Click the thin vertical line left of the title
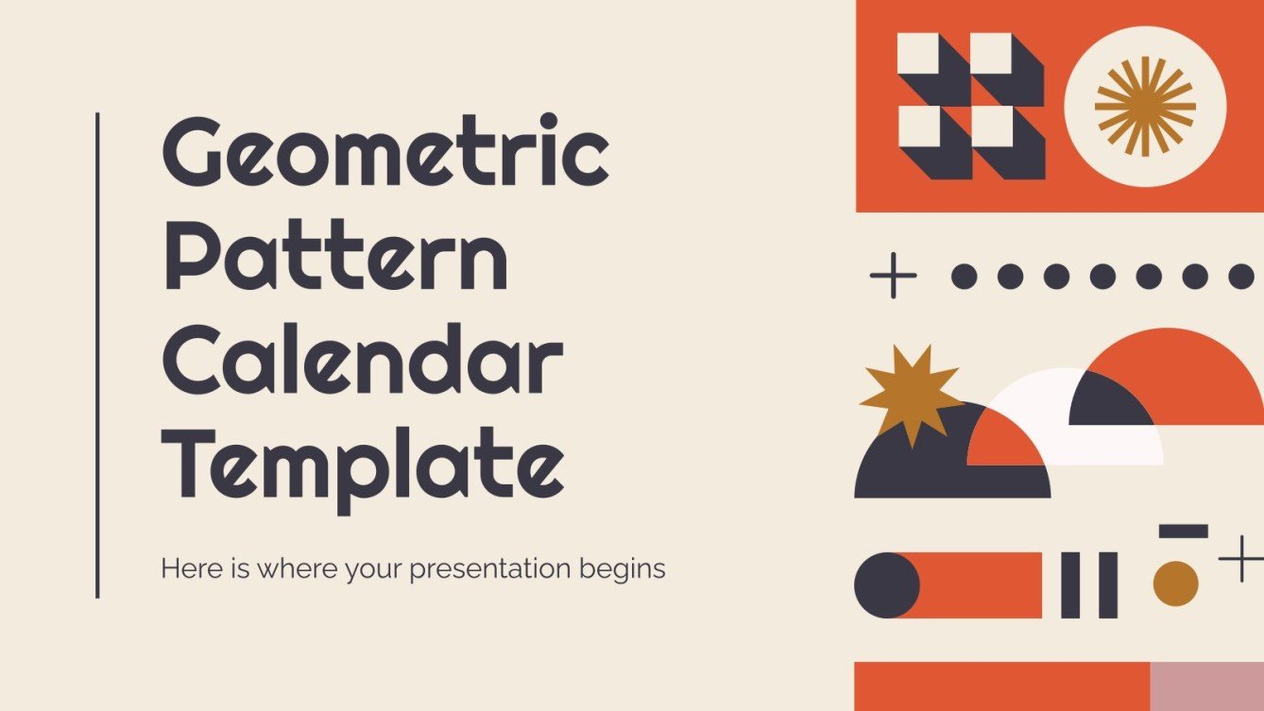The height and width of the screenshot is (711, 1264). point(97,354)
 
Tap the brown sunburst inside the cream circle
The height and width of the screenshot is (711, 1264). point(1145,106)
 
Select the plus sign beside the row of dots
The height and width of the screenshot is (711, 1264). point(893,276)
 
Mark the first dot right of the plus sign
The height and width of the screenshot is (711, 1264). point(964,276)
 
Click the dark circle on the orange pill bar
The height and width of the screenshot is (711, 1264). point(886,585)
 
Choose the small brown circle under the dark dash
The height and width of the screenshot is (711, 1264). point(1175,584)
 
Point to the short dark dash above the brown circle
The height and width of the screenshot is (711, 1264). point(1183,532)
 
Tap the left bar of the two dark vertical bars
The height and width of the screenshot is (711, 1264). point(1070,585)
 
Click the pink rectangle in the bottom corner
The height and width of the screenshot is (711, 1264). point(1206,686)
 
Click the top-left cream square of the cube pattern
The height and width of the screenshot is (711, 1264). point(918,54)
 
